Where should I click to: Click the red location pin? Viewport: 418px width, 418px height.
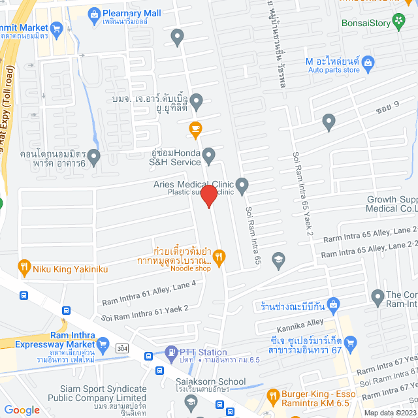click(208, 196)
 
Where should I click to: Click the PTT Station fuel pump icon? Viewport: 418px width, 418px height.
click(171, 352)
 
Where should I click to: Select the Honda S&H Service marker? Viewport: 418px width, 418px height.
click(209, 156)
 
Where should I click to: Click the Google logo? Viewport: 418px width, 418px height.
click(22, 410)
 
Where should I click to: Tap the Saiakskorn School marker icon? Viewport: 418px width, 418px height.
click(189, 400)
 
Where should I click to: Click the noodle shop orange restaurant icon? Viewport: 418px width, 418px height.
click(219, 257)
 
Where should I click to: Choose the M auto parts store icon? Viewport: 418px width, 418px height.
click(368, 62)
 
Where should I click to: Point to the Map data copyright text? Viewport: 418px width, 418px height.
click(390, 412)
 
